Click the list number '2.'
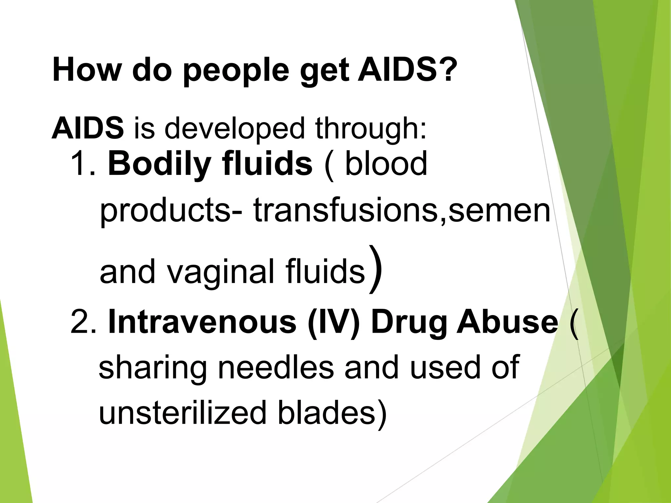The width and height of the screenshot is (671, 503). [x=83, y=323]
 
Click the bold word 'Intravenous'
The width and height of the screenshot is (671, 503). [x=202, y=323]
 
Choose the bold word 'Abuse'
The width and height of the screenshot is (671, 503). [x=508, y=323]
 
